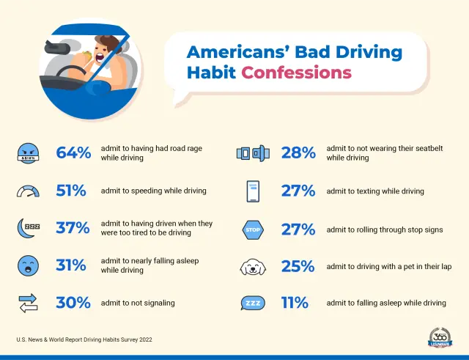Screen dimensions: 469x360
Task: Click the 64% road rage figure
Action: pos(73,153)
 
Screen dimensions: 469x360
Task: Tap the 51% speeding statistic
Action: pos(71,191)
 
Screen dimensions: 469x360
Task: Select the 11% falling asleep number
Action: pos(295,303)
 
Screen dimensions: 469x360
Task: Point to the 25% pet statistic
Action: pos(298,266)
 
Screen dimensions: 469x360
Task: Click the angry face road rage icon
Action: pos(28,153)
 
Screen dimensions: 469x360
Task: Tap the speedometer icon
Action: pos(28,191)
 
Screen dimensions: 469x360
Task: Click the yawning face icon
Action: pos(28,265)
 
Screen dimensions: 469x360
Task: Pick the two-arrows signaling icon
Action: pos(28,303)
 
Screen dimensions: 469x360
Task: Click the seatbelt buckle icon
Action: pos(253,153)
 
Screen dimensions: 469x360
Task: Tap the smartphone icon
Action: pos(253,191)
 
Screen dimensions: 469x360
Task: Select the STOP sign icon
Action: pos(253,229)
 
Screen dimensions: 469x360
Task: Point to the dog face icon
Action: pos(253,267)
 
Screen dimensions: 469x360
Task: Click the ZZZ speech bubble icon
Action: pos(253,303)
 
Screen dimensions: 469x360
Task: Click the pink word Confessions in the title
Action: pos(296,73)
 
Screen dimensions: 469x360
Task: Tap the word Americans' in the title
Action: pos(237,52)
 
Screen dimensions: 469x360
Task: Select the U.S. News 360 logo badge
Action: pos(440,337)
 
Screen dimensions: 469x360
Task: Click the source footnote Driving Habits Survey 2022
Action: pos(118,339)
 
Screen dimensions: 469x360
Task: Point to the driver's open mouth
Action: pos(99,57)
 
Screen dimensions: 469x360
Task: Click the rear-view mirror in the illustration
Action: pos(57,48)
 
